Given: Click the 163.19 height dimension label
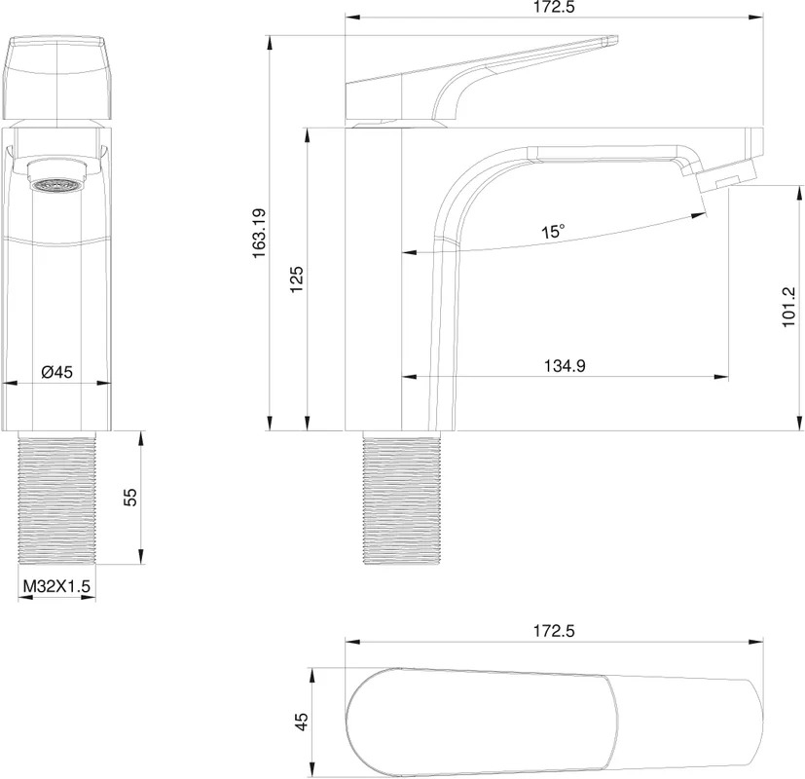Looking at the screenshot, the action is point(259,233).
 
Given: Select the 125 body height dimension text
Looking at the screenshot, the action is point(297,279).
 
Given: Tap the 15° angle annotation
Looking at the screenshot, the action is point(553,231).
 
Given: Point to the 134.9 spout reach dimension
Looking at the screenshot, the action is point(565,366).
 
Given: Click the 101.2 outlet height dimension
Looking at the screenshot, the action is point(788,307).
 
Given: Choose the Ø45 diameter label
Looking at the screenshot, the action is point(57,372).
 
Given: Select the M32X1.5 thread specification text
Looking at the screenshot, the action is point(57,585).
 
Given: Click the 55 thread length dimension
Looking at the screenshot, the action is point(131,497).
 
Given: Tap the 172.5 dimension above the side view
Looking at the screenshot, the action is point(554,7).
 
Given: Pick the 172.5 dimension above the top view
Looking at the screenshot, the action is point(554,631).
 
